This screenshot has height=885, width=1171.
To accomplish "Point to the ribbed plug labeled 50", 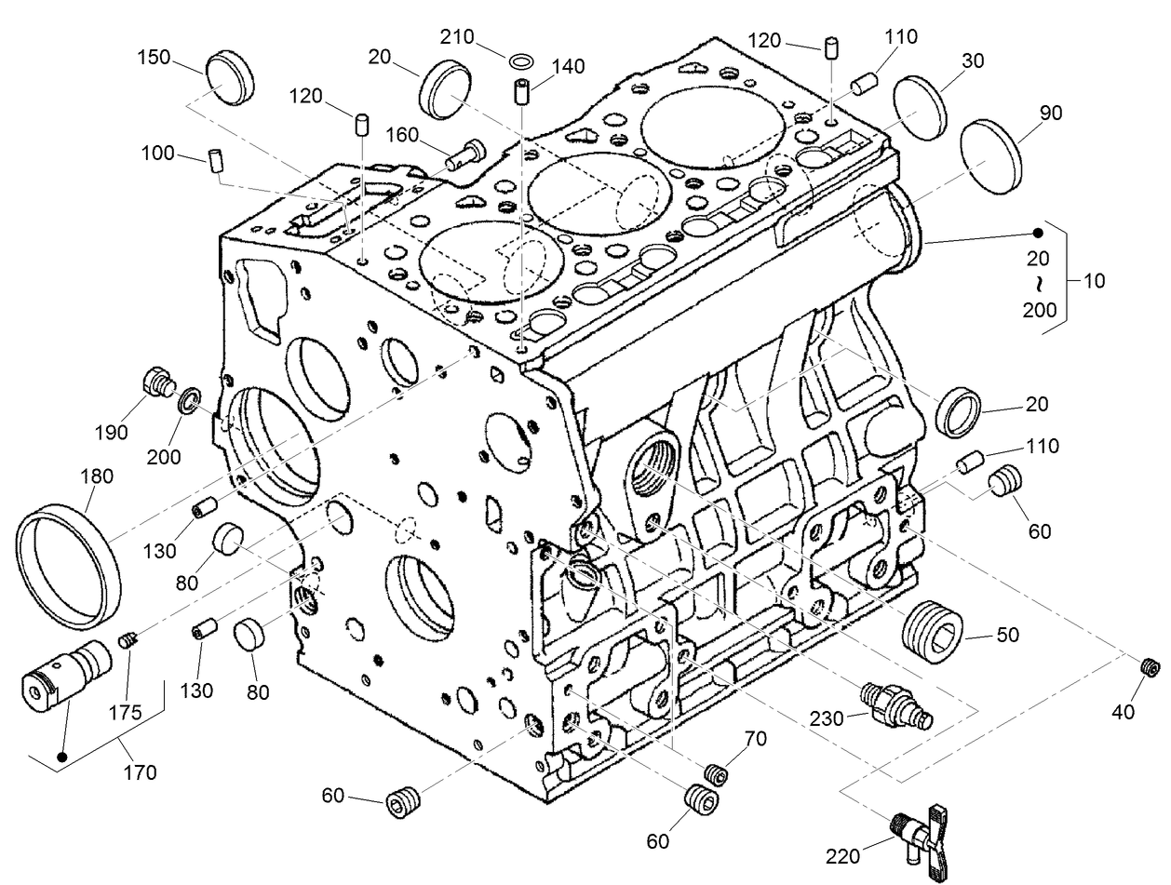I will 933,631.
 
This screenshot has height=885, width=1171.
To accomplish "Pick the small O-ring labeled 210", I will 522,61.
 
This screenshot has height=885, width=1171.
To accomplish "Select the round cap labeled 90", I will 990,156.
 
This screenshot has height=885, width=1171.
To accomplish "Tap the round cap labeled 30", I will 920,108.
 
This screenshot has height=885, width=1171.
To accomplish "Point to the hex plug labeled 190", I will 158,382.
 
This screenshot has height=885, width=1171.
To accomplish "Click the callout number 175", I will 124,713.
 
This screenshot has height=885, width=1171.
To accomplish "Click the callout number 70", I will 755,740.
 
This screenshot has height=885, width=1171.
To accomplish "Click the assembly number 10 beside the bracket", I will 1096,280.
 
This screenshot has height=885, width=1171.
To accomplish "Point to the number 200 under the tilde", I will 1040,310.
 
